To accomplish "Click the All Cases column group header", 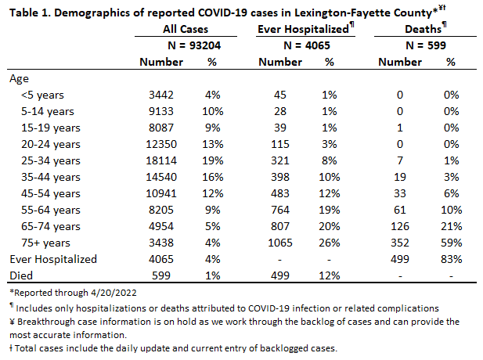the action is coord(186,29).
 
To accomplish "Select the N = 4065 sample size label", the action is coord(307,45).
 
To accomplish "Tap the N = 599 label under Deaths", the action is coord(426,45).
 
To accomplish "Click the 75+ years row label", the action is coord(45,243).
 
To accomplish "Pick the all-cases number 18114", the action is coord(161,160).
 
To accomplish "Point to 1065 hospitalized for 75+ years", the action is coord(280,243).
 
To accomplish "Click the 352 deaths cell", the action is coord(400,243).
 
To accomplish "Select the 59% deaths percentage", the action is coord(451,243).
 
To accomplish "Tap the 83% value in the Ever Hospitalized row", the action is coord(451,259).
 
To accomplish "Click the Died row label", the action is coord(21,275).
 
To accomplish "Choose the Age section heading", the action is coord(19,79).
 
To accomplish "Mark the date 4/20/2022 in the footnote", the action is coord(114,293).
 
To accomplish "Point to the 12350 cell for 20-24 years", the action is coord(161,144).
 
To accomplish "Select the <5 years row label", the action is coord(42,95).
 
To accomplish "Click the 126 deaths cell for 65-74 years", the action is coord(400,227).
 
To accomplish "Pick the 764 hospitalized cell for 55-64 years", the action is coord(280,210).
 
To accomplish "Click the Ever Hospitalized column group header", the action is coord(303,29).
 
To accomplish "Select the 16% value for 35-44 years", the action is coord(213,177).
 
